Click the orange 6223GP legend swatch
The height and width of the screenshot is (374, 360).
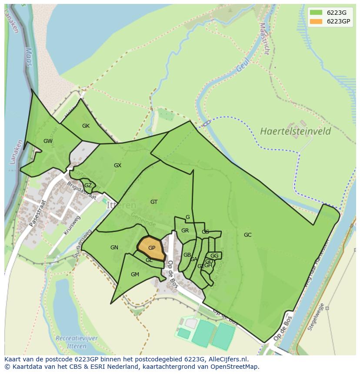coord(316,21)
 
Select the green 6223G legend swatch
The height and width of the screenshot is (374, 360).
coord(316,13)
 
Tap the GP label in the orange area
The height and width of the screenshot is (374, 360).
coord(152,248)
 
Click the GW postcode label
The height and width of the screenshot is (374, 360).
coord(48,141)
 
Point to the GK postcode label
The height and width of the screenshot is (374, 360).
coord(86,126)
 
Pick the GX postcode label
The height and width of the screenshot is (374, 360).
coord(117,165)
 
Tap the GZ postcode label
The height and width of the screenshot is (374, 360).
coord(88,185)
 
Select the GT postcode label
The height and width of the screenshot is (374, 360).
coord(154,202)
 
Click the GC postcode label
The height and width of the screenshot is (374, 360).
coord(247,235)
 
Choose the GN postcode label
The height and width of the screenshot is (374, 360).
coord(114,248)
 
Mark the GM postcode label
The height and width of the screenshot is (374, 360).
coord(135,275)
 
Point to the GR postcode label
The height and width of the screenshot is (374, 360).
coord(185,231)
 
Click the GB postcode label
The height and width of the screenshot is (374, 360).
coord(187,255)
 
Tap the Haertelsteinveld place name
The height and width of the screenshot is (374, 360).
coord(296,131)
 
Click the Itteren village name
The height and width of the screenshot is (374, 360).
coord(121,205)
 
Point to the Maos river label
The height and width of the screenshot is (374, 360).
coord(29,56)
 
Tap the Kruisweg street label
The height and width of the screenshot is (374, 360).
coord(71,226)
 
